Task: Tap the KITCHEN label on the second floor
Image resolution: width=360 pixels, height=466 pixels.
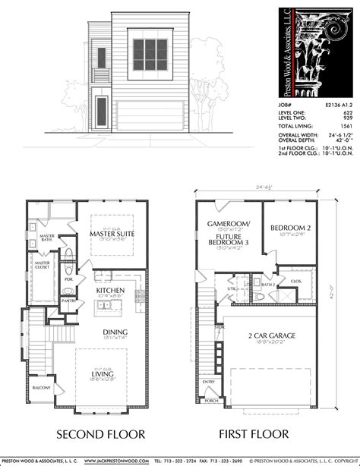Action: tap(112, 291)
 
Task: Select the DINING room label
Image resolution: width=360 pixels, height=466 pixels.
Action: tap(115, 332)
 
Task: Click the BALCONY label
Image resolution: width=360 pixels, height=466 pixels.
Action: tap(42, 388)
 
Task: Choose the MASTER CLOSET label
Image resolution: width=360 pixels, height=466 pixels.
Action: tap(43, 265)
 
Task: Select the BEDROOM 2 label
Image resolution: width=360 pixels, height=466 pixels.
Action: tap(291, 227)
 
